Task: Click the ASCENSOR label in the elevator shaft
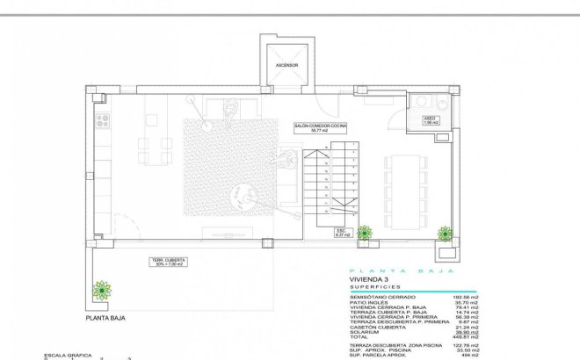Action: pyautogui.click(x=286, y=65)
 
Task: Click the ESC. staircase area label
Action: pyautogui.click(x=343, y=233)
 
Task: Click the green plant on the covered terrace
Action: pyautogui.click(x=103, y=289)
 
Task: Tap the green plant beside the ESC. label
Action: pyautogui.click(x=364, y=233)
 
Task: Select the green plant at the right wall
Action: pyautogui.click(x=446, y=233)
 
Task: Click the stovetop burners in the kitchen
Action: pyautogui.click(x=103, y=122)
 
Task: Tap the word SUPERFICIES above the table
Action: pyautogui.click(x=376, y=287)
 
